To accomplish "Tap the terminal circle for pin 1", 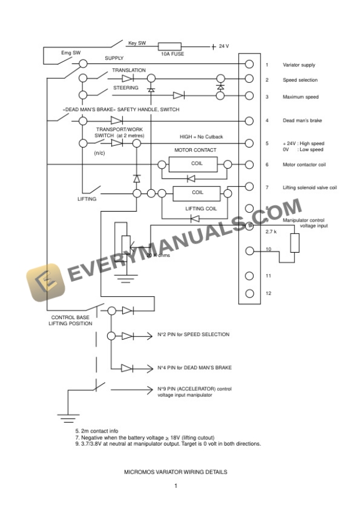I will coord(249,65).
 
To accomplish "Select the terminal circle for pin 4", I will coord(249,121).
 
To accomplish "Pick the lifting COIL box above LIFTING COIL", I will coord(196,193).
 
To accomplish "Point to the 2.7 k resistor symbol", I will coord(295,243).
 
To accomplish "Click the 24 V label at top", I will coord(224,46).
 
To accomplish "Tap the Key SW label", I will coord(137,42).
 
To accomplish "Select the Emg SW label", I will coord(71,52).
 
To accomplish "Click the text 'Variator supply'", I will coord(299,65).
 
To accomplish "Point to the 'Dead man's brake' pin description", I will coord(301,121).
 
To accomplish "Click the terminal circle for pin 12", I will coord(249,293).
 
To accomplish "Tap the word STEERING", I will coord(126,88).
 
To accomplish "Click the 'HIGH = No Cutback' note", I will coord(201,136).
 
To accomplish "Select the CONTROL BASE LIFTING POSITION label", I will coord(70,320).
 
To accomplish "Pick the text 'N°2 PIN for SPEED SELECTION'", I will coord(193,334).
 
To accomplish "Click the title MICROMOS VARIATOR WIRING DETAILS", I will coord(175,471).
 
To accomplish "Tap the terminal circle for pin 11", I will coord(249,276).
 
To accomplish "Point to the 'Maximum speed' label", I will coord(300,97).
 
